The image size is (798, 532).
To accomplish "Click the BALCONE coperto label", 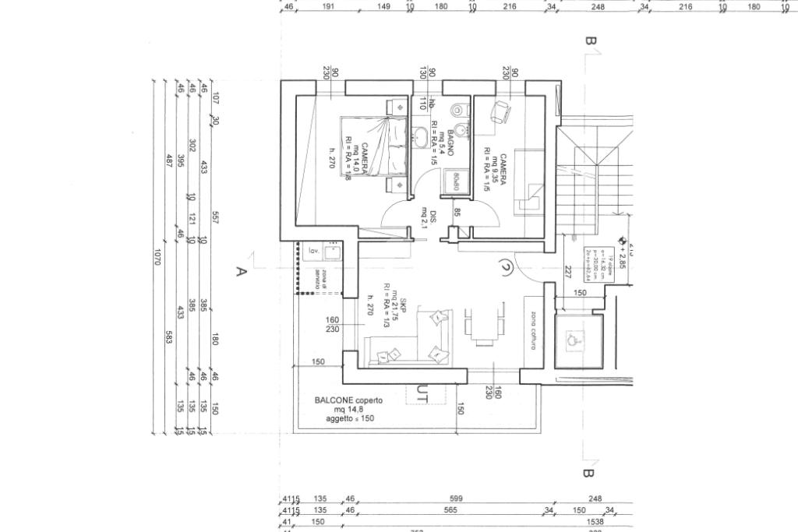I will (348, 400).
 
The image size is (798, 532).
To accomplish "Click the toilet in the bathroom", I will (461, 110).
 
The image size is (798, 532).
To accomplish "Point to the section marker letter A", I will (242, 272).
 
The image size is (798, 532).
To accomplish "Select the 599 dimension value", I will (457, 499).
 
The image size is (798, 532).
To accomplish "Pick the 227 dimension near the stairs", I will (570, 272).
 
